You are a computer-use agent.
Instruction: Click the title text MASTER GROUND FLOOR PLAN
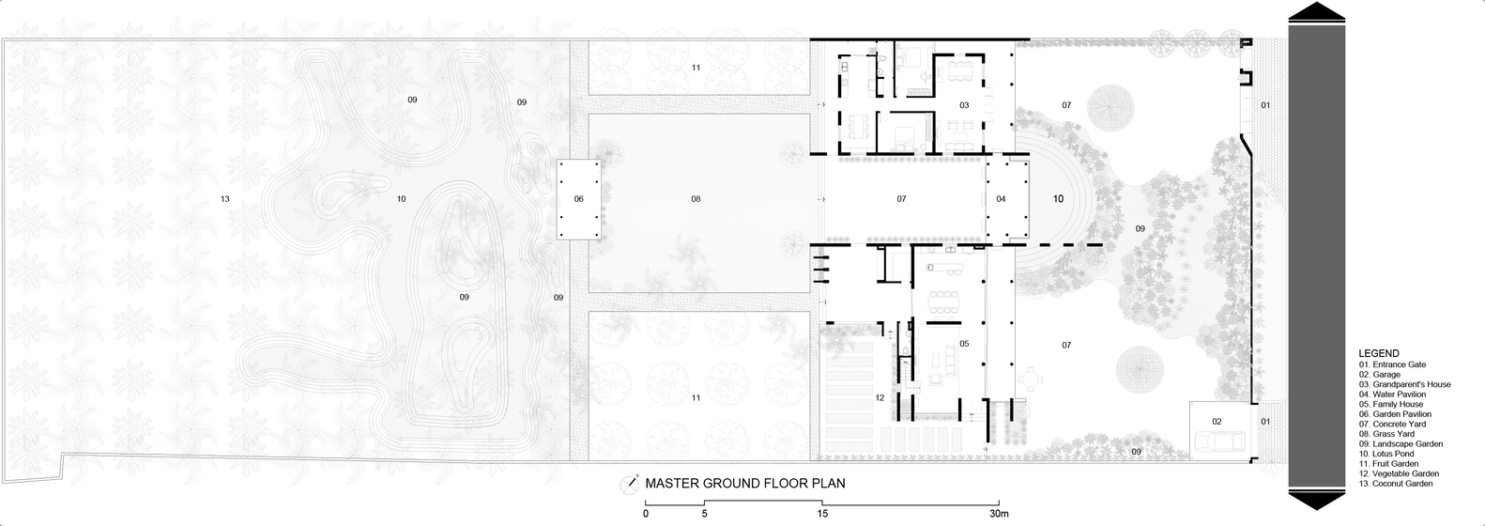745,484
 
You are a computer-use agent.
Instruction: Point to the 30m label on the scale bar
999,514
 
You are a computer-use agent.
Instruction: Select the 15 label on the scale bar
822,514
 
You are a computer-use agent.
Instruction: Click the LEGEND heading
1379,353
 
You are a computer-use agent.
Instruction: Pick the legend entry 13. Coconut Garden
1396,484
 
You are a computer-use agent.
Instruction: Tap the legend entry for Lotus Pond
1386,454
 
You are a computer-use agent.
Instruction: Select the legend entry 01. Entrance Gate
1392,364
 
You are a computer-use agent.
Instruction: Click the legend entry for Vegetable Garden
1399,473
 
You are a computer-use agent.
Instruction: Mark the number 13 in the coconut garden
224,199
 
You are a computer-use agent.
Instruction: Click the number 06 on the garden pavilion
579,199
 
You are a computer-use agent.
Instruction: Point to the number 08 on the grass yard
696,199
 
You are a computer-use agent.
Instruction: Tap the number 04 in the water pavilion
1001,199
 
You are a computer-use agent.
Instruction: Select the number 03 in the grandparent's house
965,105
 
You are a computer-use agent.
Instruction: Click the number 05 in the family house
965,344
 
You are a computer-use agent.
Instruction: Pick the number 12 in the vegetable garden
880,398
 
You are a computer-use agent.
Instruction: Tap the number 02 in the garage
1217,421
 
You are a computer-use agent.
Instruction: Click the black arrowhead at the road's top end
1317,12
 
